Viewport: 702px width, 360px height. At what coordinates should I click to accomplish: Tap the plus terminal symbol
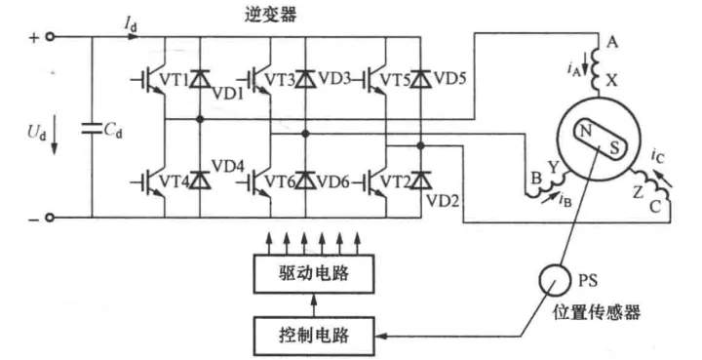(32, 38)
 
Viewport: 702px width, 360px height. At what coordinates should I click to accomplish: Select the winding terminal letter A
(612, 43)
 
